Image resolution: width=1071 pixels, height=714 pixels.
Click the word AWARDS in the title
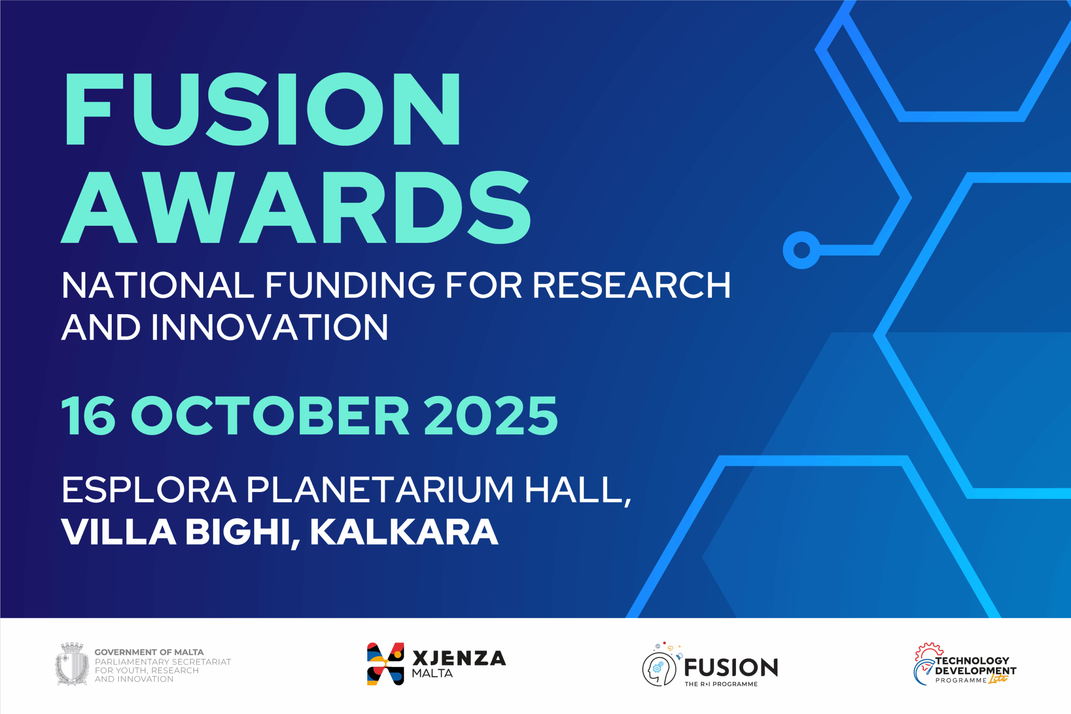pyautogui.click(x=296, y=207)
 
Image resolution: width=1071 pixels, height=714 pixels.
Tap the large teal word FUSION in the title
pyautogui.click(x=263, y=109)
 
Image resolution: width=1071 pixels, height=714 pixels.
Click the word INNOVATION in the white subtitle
pyautogui.click(x=269, y=327)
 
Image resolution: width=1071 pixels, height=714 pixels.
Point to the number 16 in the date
pyautogui.click(x=88, y=415)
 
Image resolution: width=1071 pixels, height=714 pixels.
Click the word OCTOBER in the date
pyautogui.click(x=270, y=415)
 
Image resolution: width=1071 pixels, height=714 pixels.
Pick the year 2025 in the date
pyautogui.click(x=490, y=415)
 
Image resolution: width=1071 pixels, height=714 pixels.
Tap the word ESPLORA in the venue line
pyautogui.click(x=149, y=490)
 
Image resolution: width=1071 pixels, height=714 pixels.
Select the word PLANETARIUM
pyautogui.click(x=380, y=490)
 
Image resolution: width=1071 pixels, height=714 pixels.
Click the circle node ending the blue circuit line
pyautogui.click(x=802, y=250)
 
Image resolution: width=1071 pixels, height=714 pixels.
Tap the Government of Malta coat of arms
pyautogui.click(x=72, y=663)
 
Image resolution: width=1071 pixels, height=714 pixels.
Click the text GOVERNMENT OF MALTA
pyautogui.click(x=149, y=652)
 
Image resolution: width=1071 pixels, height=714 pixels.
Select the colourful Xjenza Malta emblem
pyautogui.click(x=385, y=664)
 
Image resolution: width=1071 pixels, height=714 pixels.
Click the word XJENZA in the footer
pyautogui.click(x=459, y=658)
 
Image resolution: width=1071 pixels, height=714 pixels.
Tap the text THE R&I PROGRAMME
pyautogui.click(x=721, y=684)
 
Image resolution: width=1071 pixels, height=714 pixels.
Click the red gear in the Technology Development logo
pyautogui.click(x=929, y=650)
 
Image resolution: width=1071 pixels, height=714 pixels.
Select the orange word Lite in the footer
pyautogui.click(x=998, y=678)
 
